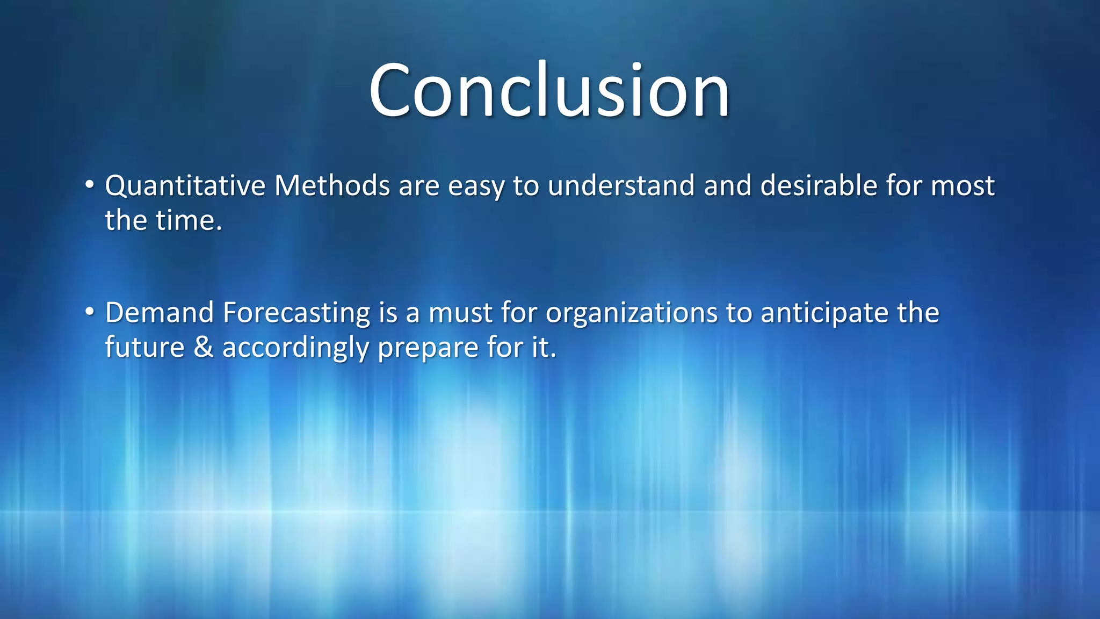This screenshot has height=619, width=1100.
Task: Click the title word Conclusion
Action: point(549,90)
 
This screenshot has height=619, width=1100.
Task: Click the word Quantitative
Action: point(185,186)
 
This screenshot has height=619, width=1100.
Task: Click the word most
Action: point(962,186)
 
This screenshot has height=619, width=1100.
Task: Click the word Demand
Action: point(160,313)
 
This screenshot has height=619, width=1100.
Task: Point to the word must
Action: point(460,313)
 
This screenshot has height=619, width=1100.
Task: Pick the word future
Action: point(144,348)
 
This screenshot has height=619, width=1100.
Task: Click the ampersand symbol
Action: point(204,348)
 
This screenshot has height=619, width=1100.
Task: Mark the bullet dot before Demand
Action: point(90,312)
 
